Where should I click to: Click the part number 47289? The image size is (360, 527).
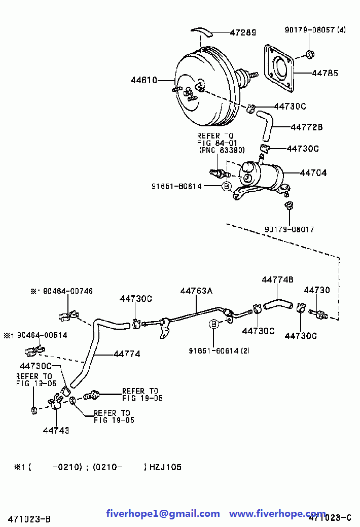(x=243, y=32)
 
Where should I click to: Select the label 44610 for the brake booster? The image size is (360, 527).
(x=144, y=80)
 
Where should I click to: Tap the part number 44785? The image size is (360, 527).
(x=325, y=73)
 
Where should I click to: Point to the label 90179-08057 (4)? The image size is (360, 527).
(x=315, y=30)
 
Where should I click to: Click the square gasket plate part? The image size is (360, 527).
(x=279, y=68)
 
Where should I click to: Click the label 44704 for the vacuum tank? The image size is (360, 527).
(x=313, y=172)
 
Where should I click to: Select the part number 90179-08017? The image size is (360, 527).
(x=290, y=229)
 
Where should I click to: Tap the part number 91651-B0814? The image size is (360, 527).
(x=176, y=186)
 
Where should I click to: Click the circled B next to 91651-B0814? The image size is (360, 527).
(x=227, y=186)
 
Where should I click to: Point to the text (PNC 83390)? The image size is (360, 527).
(x=222, y=150)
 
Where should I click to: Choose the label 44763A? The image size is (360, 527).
(x=196, y=291)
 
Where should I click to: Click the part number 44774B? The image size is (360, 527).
(x=277, y=279)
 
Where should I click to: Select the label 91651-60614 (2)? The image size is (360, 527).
(x=219, y=350)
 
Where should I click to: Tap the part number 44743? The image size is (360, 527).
(x=56, y=430)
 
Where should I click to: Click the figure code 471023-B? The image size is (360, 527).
(x=30, y=518)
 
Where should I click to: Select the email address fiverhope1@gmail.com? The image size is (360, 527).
(x=163, y=514)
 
